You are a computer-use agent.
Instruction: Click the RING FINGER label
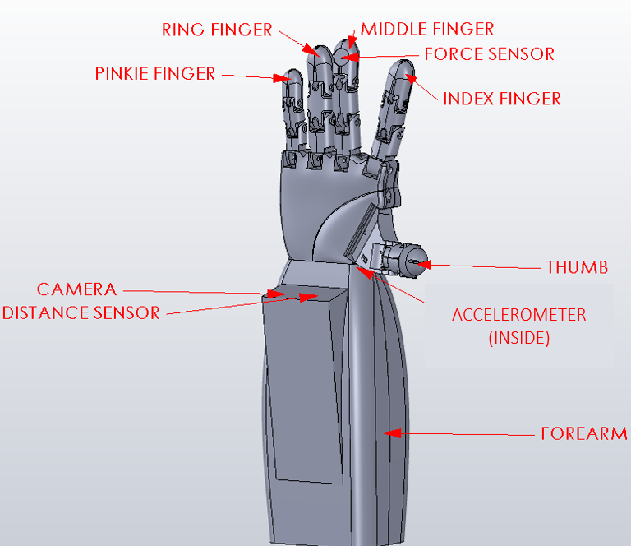(x=217, y=30)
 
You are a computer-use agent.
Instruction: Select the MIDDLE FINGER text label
(x=427, y=30)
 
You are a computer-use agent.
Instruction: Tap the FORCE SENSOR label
(x=489, y=54)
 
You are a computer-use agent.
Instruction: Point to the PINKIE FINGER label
(x=155, y=74)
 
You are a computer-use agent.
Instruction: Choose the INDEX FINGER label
(x=501, y=99)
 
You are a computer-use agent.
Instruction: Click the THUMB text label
(x=577, y=267)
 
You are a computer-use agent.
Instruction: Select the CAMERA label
(x=76, y=289)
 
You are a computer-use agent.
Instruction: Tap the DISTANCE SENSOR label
(x=81, y=312)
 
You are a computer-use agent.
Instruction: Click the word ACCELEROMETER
(x=518, y=315)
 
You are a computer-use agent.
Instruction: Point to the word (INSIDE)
(x=518, y=337)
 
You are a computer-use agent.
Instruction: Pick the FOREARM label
(x=584, y=434)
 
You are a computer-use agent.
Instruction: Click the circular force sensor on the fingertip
(x=343, y=56)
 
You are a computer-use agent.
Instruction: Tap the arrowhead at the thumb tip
(x=421, y=264)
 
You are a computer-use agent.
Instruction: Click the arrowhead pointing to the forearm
(x=394, y=433)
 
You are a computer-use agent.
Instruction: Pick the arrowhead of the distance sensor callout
(x=308, y=298)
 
